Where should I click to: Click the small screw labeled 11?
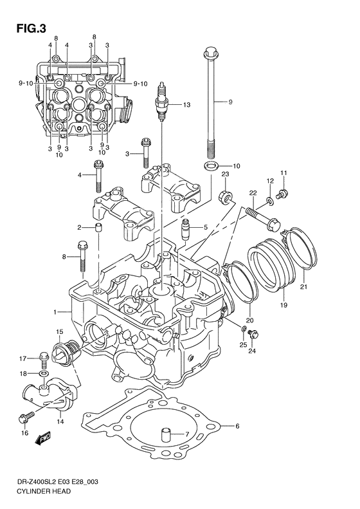tap(282, 192)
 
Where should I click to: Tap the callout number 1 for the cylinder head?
tap(57, 311)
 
